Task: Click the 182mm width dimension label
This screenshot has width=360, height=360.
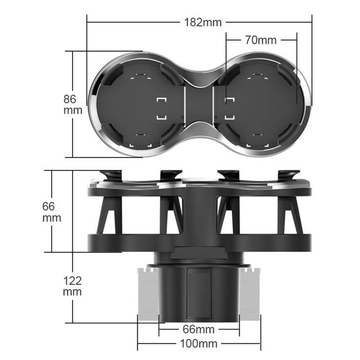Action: [203, 22]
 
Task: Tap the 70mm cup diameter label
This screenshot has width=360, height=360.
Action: [260, 40]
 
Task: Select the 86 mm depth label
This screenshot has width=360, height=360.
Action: [73, 105]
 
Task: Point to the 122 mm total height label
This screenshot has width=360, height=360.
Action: [73, 286]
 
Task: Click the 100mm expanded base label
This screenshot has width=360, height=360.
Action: [199, 344]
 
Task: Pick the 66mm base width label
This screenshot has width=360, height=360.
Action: [199, 330]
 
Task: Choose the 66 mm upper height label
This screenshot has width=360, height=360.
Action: [52, 212]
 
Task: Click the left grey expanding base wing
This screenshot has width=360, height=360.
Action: [148, 294]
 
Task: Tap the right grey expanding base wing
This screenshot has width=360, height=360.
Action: [250, 294]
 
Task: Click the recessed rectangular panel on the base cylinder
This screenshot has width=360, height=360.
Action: [199, 293]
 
